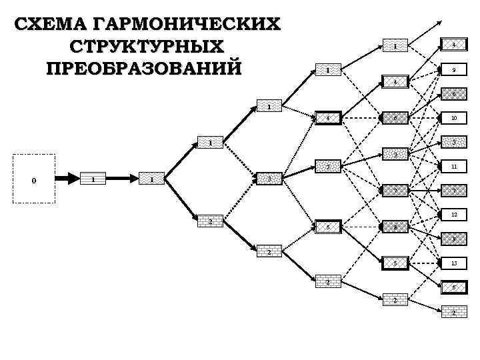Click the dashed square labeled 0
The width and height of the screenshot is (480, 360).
coord(34,179)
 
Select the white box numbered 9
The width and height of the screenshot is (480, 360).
coord(453,69)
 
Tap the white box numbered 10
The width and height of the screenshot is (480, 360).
coord(453,118)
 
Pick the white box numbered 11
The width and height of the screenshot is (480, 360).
coord(453,167)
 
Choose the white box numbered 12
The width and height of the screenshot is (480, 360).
coord(453,215)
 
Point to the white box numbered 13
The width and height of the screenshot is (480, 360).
coord(453,263)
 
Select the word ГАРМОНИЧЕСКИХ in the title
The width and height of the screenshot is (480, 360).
coord(187,24)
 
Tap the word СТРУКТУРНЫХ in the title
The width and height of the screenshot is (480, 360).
coord(146,47)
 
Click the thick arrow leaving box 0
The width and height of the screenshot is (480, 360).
coord(67,179)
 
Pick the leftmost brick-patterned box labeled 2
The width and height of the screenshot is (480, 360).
coord(210,221)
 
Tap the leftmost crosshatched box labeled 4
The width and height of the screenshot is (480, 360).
coord(328,119)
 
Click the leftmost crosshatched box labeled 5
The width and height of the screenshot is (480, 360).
coord(328,227)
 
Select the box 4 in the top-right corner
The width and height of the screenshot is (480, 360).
coord(453,45)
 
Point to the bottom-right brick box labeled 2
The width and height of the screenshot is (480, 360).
coord(453,313)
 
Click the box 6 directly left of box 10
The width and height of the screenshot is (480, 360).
coord(395,119)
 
